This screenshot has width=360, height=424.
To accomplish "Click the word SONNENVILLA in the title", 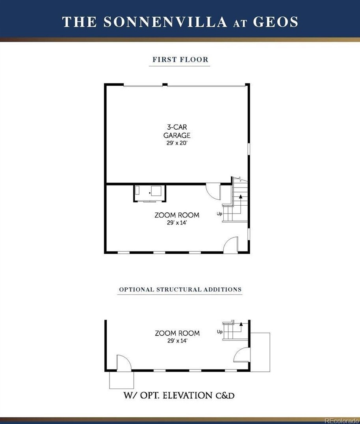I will (x=166, y=22).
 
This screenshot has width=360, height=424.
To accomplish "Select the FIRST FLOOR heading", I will (x=180, y=60).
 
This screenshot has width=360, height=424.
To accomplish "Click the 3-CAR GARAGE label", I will (x=177, y=131).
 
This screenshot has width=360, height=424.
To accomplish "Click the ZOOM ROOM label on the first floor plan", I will (x=177, y=215).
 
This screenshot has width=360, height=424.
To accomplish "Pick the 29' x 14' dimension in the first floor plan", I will (x=177, y=223).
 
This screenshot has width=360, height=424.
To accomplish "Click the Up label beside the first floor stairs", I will (x=219, y=214).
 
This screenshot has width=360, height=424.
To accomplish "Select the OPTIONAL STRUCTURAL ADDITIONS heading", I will (x=180, y=289).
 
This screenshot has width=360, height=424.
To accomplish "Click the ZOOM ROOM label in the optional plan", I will (x=177, y=333).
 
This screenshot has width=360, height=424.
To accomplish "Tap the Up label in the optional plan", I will (x=219, y=332).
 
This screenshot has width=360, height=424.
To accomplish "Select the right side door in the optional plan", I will (x=241, y=355).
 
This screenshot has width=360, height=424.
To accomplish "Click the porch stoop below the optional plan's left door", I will (x=121, y=380).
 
